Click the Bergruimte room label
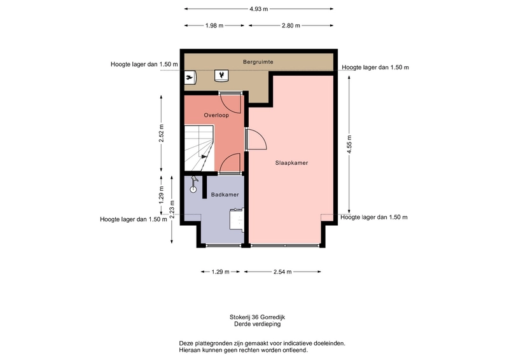258,62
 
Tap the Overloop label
216,115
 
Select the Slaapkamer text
291,163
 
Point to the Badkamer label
225,195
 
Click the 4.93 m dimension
259,9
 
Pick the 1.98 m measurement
214,25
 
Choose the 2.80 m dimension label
291,25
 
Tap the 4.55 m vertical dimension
349,144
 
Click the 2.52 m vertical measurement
162,133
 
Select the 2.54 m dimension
282,272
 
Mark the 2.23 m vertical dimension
172,209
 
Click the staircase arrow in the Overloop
204,157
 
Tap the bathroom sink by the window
237,219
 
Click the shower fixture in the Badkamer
194,184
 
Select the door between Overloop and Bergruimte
230,102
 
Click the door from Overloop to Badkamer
230,163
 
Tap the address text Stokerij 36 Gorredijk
258,317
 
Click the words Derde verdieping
258,324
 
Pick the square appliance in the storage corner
221,76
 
